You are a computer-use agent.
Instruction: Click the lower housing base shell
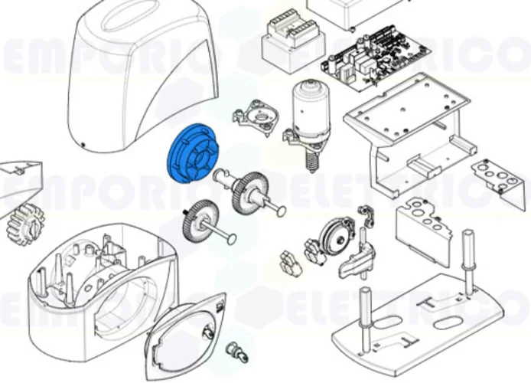click(99, 283)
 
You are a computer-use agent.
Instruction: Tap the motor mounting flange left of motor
click(261, 118)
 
